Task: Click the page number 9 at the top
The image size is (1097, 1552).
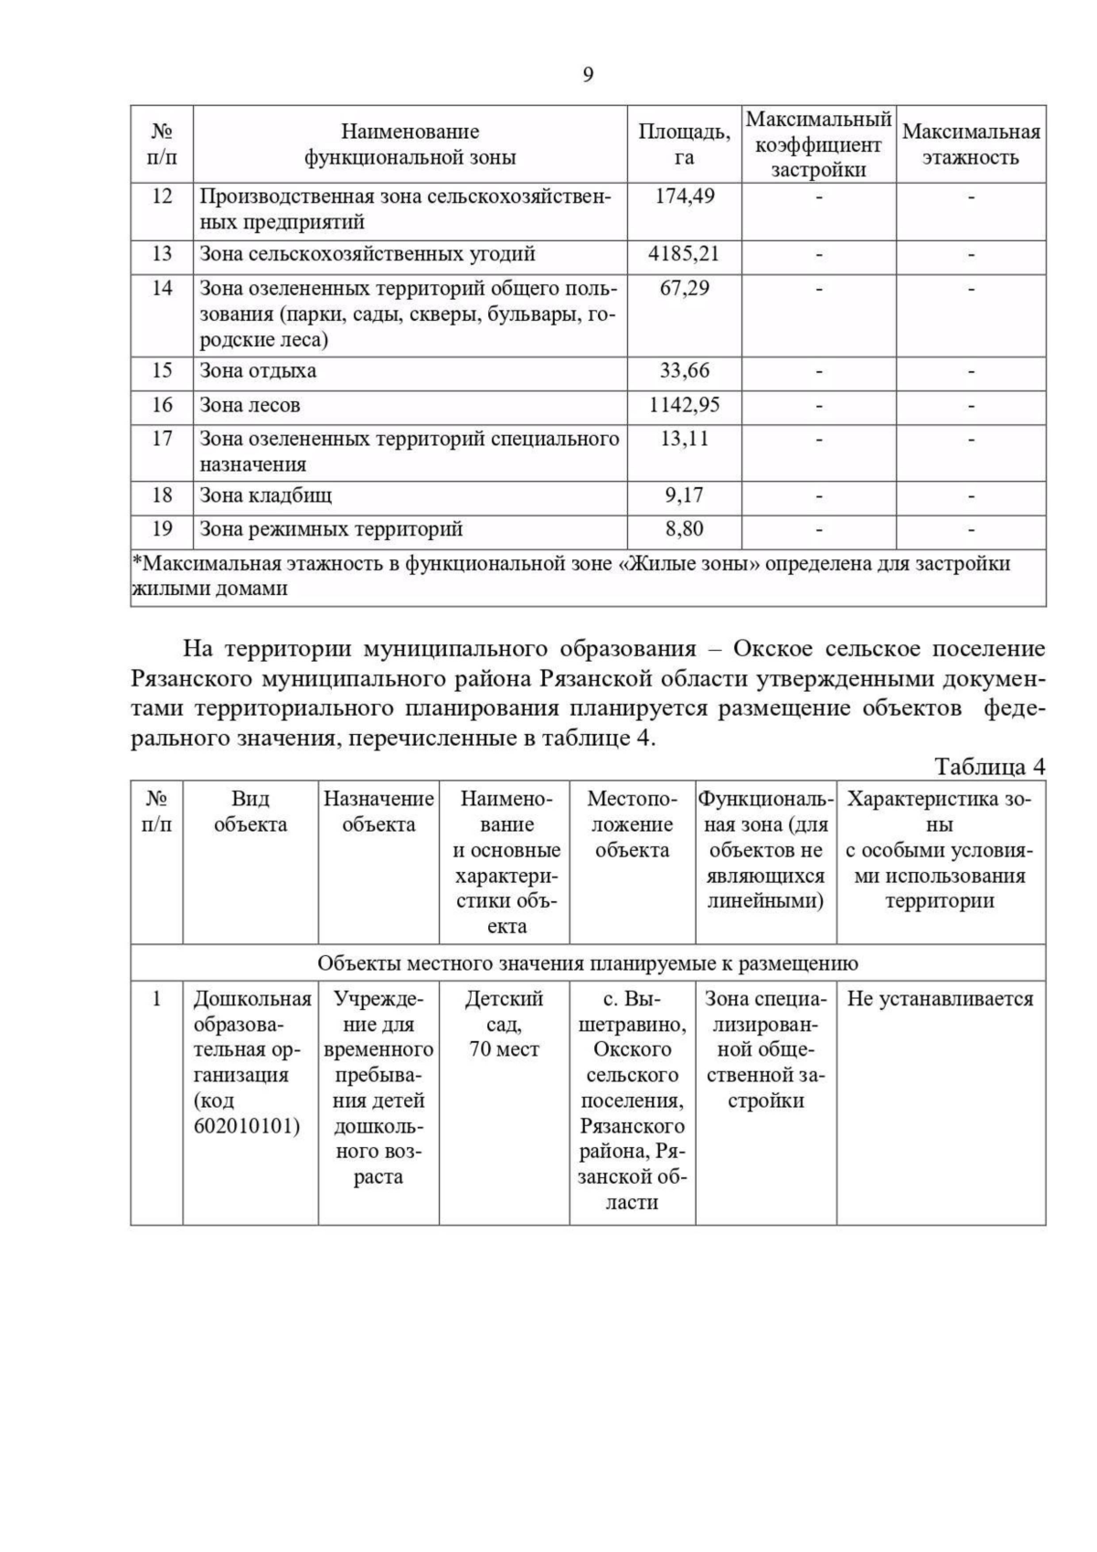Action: (588, 75)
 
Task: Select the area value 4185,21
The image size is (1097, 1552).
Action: (684, 254)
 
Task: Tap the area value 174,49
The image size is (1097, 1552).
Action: (685, 197)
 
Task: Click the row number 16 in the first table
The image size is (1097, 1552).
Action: (162, 405)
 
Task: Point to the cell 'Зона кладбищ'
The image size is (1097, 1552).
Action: (266, 495)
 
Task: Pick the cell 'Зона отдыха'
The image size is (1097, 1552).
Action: (259, 371)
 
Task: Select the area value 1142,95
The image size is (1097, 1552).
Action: (685, 405)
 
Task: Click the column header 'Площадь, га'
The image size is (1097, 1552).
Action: (684, 144)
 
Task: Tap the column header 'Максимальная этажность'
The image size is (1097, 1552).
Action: (971, 144)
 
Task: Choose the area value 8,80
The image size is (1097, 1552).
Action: (685, 529)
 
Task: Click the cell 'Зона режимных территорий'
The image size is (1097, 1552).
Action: (332, 529)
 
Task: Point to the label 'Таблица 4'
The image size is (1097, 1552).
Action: (990, 766)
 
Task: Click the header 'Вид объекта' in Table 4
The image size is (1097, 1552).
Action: (250, 812)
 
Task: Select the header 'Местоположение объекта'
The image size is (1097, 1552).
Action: (633, 824)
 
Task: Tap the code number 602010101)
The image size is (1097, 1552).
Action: (247, 1126)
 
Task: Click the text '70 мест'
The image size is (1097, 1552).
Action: (505, 1049)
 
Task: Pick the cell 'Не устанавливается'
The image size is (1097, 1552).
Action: (940, 999)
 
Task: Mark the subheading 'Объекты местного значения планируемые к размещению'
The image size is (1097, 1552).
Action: (588, 963)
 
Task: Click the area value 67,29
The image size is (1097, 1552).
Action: (685, 289)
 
